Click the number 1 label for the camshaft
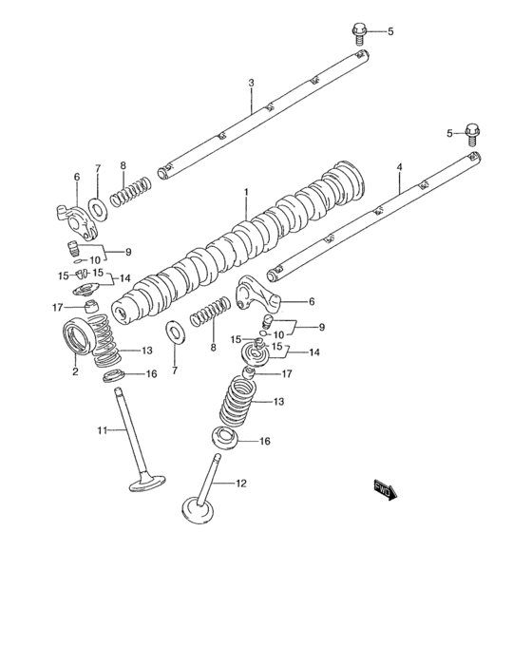[245, 192]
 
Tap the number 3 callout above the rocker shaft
[251, 84]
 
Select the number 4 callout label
[399, 167]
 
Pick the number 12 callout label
[240, 484]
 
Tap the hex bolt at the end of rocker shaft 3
[360, 33]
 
